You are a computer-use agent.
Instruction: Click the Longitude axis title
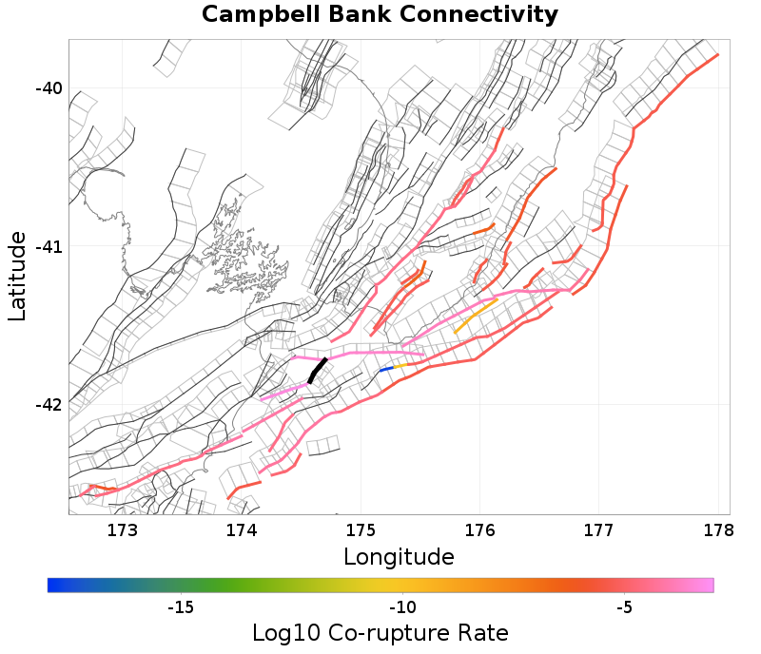click(399, 556)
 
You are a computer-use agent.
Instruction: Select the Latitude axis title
click(17, 275)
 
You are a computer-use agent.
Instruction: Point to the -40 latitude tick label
click(49, 88)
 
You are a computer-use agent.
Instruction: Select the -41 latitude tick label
click(49, 247)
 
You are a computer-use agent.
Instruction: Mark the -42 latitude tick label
click(49, 405)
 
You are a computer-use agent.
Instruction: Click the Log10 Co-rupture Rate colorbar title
click(380, 633)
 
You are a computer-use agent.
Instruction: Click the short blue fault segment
click(386, 369)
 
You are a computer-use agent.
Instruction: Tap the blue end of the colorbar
click(53, 586)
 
